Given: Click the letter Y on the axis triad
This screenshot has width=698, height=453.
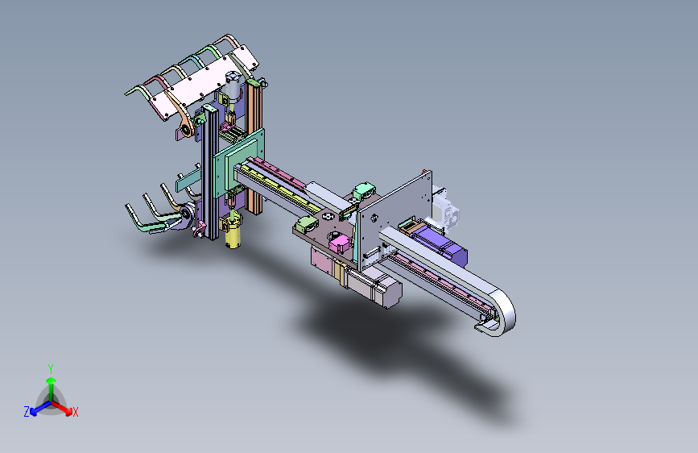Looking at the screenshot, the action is pyautogui.click(x=51, y=369).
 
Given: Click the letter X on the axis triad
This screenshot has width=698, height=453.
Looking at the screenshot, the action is pyautogui.click(x=75, y=413).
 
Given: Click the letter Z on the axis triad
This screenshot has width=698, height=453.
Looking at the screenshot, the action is pyautogui.click(x=27, y=412).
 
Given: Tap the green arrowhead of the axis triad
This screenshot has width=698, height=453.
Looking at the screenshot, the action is pyautogui.click(x=52, y=380).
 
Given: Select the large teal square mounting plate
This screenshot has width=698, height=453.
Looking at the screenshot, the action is pyautogui.click(x=239, y=162).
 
